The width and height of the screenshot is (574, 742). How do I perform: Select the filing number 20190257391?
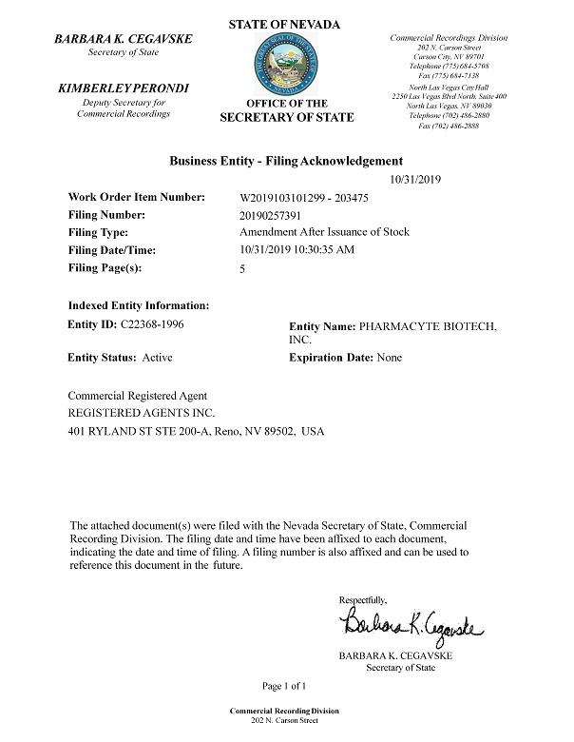coord(277,214)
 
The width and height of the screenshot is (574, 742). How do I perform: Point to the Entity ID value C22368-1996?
coord(151,324)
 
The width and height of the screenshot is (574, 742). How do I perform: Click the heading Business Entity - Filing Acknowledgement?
coord(286,161)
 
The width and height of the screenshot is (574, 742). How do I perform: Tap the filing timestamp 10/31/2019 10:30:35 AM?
coord(297,250)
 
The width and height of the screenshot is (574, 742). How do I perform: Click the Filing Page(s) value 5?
coord(245,269)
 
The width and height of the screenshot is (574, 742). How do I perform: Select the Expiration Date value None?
coord(390,358)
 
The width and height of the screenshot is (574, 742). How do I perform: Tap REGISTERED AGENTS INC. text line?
coord(142,413)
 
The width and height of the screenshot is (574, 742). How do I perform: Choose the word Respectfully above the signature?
coord(363,599)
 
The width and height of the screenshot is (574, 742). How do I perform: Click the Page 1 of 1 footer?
coord(286,685)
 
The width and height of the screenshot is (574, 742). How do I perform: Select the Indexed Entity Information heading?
coord(138,305)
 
